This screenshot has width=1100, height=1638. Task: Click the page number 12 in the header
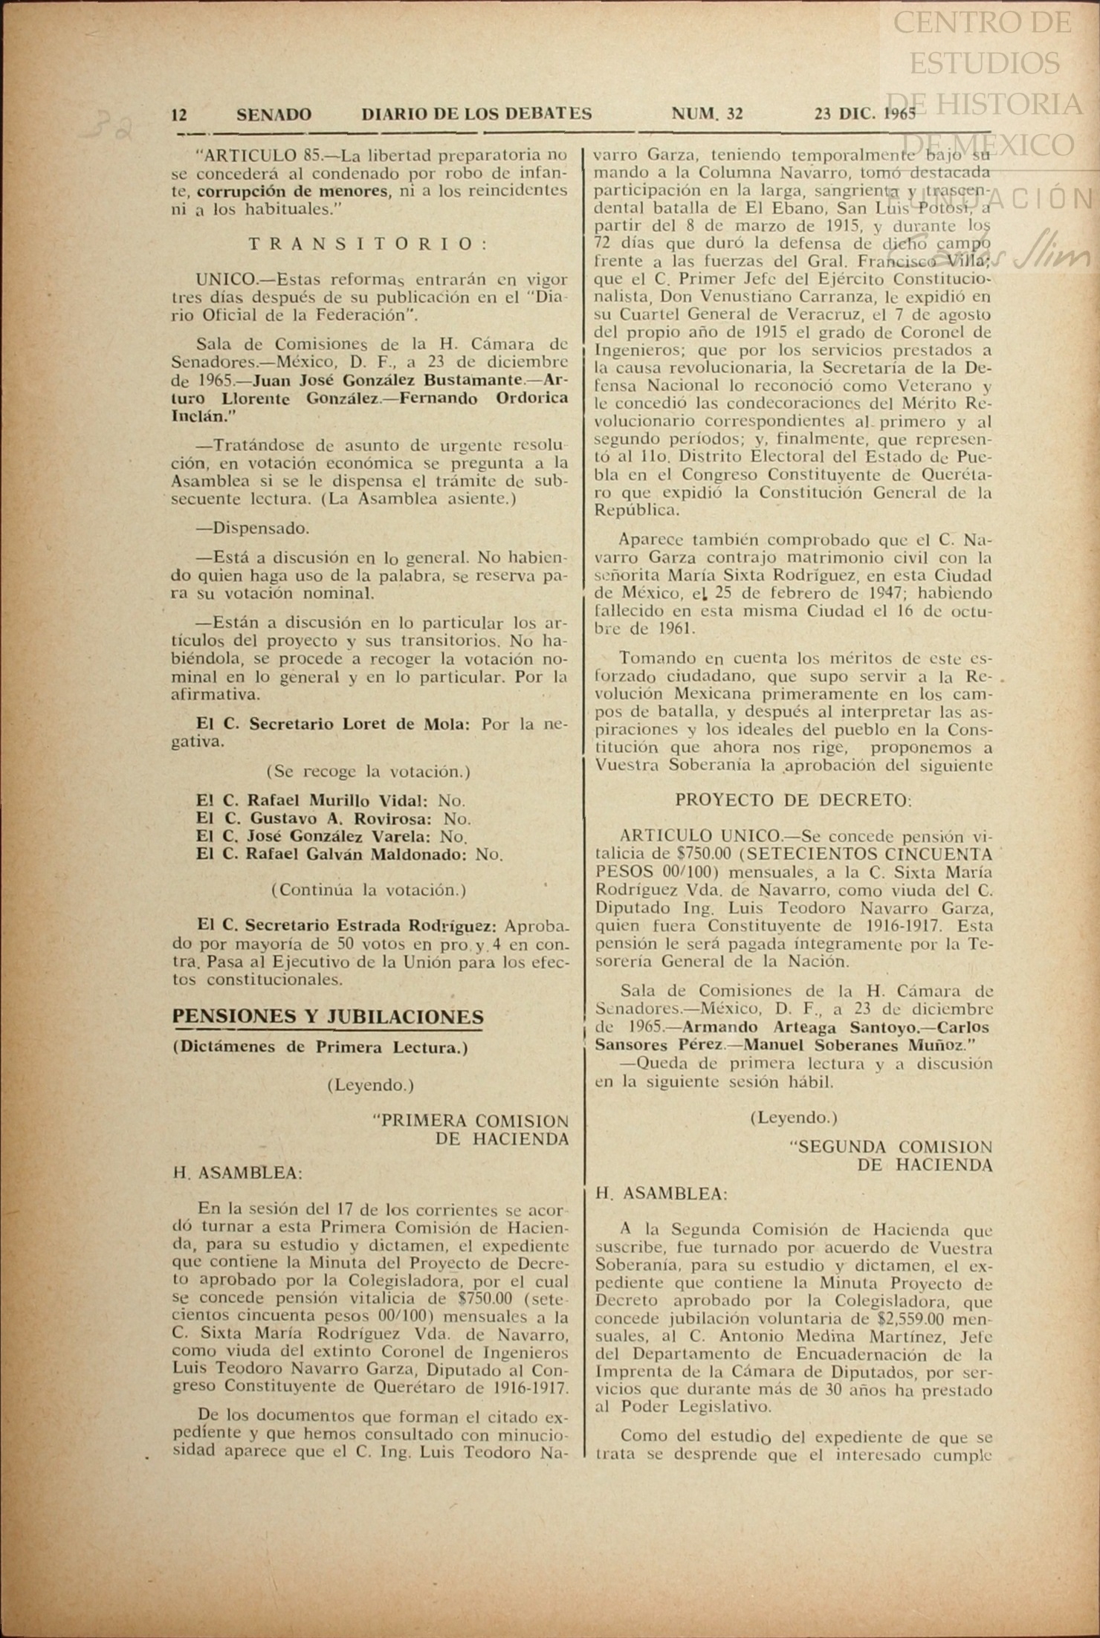(x=179, y=114)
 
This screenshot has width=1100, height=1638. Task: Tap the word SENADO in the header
(x=274, y=114)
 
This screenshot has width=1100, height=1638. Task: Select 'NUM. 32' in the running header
(x=707, y=114)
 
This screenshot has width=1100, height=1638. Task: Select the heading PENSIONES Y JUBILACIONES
(x=328, y=1017)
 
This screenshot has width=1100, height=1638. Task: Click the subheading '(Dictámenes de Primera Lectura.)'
(x=320, y=1048)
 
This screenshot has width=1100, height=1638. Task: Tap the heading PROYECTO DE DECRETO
(x=793, y=800)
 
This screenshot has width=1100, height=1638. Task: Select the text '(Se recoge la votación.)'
(x=368, y=771)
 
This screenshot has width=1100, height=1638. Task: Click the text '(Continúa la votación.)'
(x=368, y=890)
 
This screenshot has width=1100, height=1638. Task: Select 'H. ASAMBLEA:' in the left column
(x=237, y=1174)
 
